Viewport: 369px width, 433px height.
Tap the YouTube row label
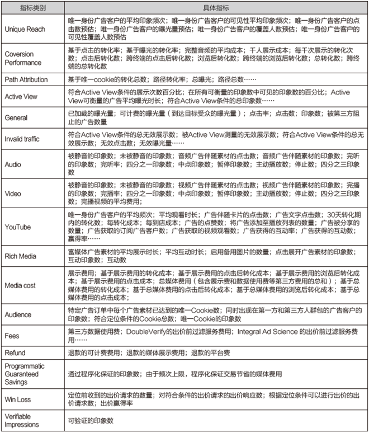point(17,227)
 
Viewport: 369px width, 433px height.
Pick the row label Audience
point(18,314)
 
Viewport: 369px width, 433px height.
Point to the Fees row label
point(11,336)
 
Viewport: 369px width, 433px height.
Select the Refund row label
point(15,353)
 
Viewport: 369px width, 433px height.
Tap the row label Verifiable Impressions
point(21,421)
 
